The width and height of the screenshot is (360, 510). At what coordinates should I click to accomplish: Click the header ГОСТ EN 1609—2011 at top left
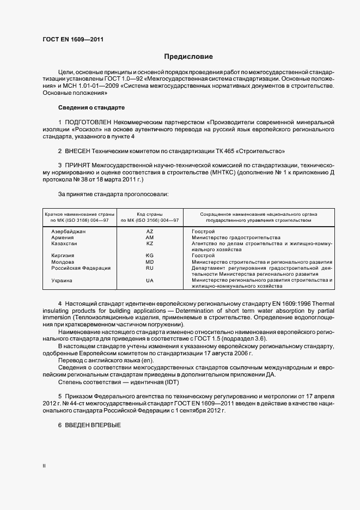coord(73,39)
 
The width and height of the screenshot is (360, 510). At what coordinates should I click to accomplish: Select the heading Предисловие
coord(188,57)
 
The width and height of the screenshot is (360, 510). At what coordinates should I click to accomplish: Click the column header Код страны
coord(150,214)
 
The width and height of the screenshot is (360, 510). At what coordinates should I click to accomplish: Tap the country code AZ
coord(150,232)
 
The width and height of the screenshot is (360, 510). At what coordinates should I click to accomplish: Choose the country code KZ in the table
coord(150,244)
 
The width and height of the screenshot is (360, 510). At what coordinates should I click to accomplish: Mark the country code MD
coord(150,262)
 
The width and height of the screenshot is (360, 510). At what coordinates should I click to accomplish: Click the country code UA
coord(150,280)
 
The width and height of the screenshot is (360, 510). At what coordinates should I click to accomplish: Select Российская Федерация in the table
coord(81,268)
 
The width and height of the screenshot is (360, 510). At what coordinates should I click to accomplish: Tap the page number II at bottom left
coord(45,465)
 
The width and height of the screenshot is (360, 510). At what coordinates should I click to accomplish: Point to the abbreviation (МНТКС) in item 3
coord(229,172)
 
